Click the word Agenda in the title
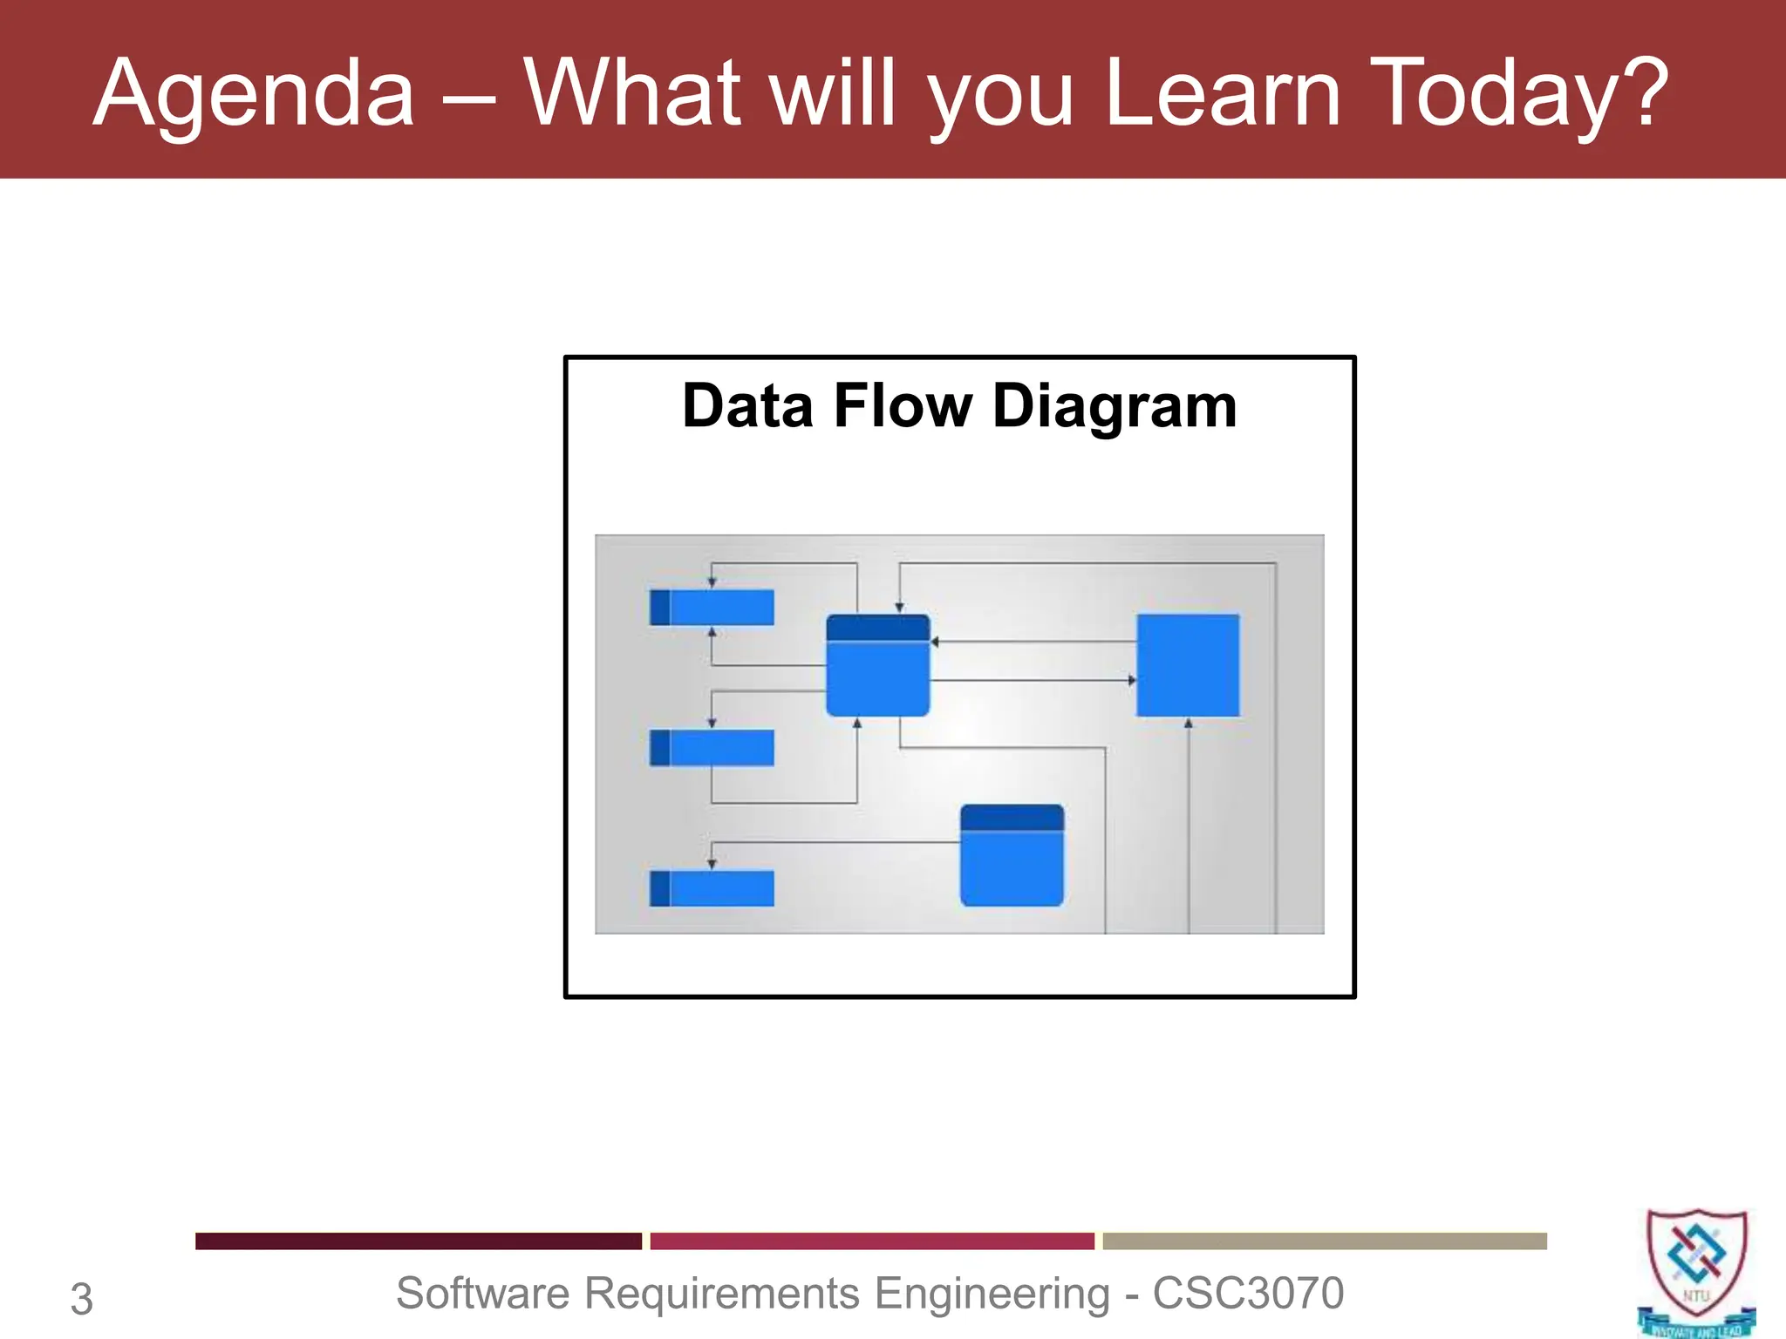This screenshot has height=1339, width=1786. (253, 94)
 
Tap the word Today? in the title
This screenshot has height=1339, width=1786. (1519, 94)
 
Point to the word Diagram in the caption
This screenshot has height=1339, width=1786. (1115, 408)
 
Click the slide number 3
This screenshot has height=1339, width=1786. (81, 1299)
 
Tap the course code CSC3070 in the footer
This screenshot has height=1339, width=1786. (1248, 1293)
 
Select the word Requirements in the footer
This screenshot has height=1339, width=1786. (722, 1293)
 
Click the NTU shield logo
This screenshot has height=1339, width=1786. (1696, 1271)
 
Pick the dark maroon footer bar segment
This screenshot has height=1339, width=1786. (418, 1240)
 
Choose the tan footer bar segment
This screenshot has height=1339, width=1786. (1325, 1240)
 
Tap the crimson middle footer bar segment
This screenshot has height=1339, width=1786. (872, 1240)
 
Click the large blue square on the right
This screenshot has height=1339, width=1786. (1188, 665)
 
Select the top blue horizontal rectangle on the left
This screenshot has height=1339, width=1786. (712, 608)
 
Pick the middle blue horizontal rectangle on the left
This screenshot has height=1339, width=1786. (712, 748)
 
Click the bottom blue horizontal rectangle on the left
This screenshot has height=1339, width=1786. (712, 888)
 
